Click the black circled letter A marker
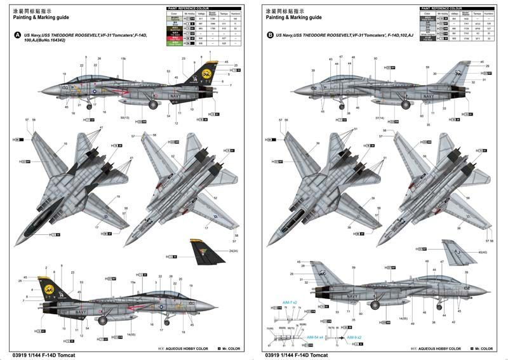[18, 36]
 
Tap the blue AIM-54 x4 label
[316, 337]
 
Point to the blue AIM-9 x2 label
[354, 337]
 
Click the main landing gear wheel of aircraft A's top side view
[152, 105]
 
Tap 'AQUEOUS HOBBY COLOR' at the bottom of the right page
[438, 349]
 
